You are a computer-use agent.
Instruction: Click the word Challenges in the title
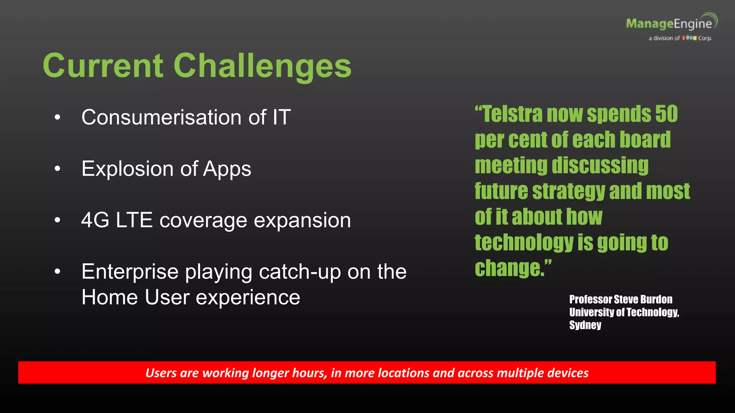point(262,66)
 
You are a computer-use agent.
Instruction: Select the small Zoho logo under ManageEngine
point(689,38)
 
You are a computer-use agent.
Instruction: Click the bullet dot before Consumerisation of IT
point(57,118)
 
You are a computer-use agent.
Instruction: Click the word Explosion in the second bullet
point(127,168)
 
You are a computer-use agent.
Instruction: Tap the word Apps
point(227,169)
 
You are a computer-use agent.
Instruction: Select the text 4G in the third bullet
point(95,220)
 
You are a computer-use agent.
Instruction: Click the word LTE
point(134,220)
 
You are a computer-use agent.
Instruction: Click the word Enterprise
point(130,272)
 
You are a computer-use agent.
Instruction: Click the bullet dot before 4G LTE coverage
point(57,220)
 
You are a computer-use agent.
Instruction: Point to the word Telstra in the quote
point(513,114)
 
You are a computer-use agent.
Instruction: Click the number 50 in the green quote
point(666,114)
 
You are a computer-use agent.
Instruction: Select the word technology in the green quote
point(524,243)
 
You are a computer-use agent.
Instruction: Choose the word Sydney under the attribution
point(585,325)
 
